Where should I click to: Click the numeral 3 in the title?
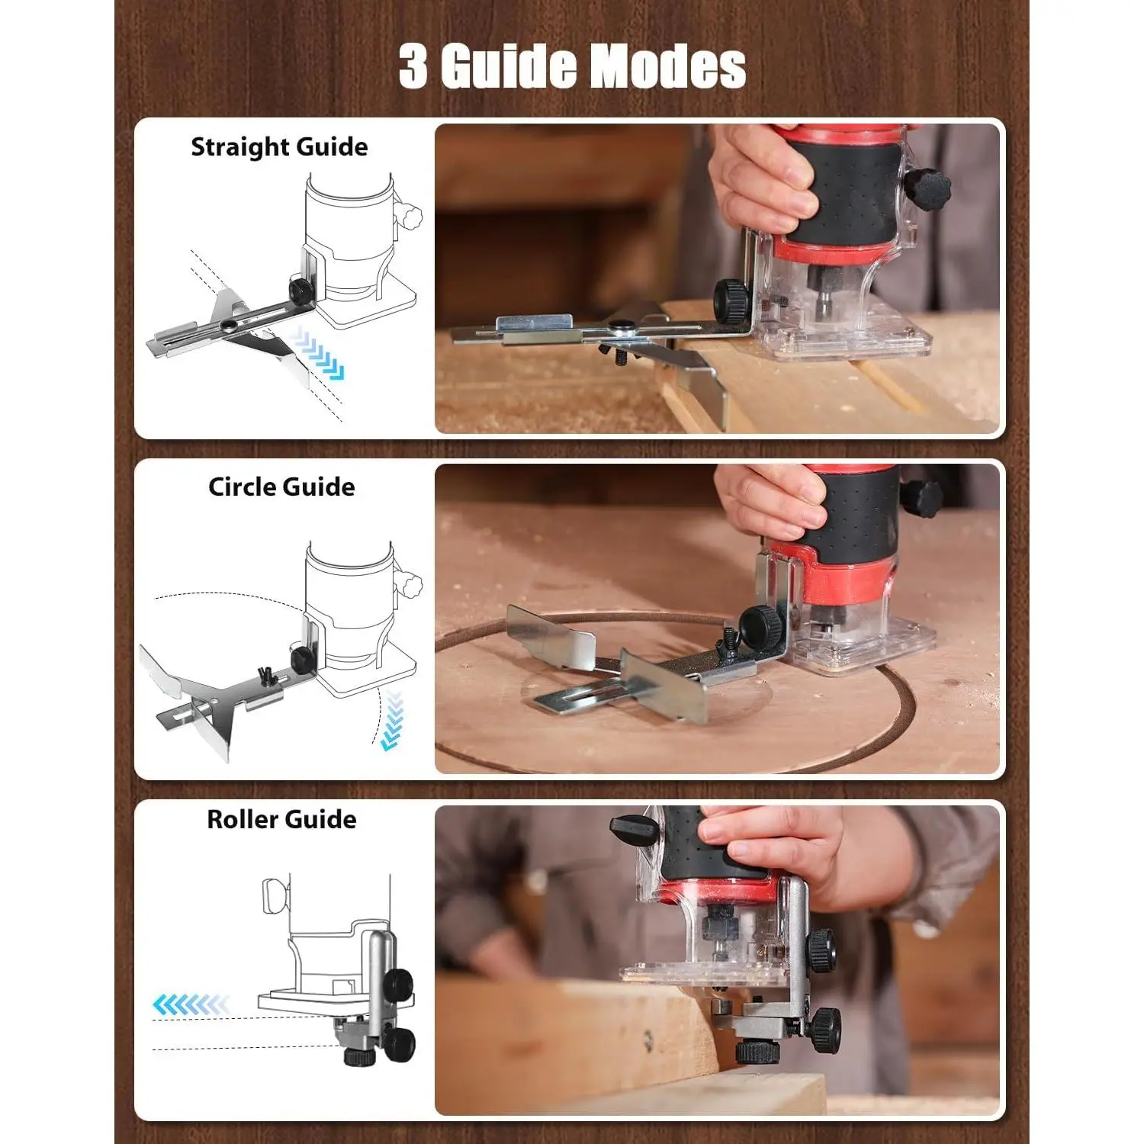point(413,66)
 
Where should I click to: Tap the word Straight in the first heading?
point(236,147)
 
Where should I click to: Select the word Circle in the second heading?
point(242,487)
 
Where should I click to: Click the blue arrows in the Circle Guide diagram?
point(392,721)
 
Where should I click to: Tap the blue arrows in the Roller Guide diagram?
point(190,1004)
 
